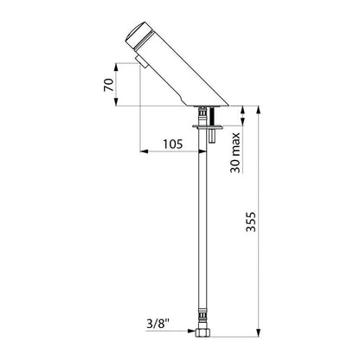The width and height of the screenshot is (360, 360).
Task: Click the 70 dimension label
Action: click(x=109, y=85)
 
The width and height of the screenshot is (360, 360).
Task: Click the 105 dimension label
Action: click(x=173, y=144)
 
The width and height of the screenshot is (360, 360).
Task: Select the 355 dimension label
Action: click(x=251, y=222)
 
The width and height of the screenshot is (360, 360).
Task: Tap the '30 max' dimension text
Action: click(x=235, y=152)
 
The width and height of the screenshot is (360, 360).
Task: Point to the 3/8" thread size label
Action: click(x=158, y=325)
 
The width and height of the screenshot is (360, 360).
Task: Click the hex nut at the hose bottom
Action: click(x=202, y=332)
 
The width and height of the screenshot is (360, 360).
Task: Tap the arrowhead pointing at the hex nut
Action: click(x=191, y=331)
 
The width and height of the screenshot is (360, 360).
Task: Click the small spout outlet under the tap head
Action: click(x=142, y=62)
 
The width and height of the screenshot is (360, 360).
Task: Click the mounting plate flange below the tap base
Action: click(x=208, y=126)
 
